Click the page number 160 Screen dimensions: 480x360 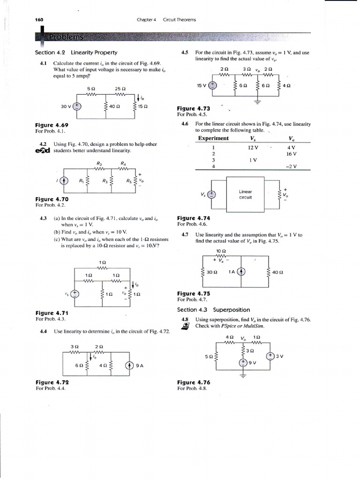(39, 20)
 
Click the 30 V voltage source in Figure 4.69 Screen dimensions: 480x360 (78, 106)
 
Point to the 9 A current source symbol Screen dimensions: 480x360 (130, 367)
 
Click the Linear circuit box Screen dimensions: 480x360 (246, 194)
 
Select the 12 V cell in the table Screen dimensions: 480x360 (253, 147)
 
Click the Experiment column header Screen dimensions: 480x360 (213, 138)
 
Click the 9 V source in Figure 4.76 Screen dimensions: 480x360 (244, 362)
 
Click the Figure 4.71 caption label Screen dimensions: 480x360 (52, 313)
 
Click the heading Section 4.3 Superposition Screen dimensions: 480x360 (213, 310)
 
